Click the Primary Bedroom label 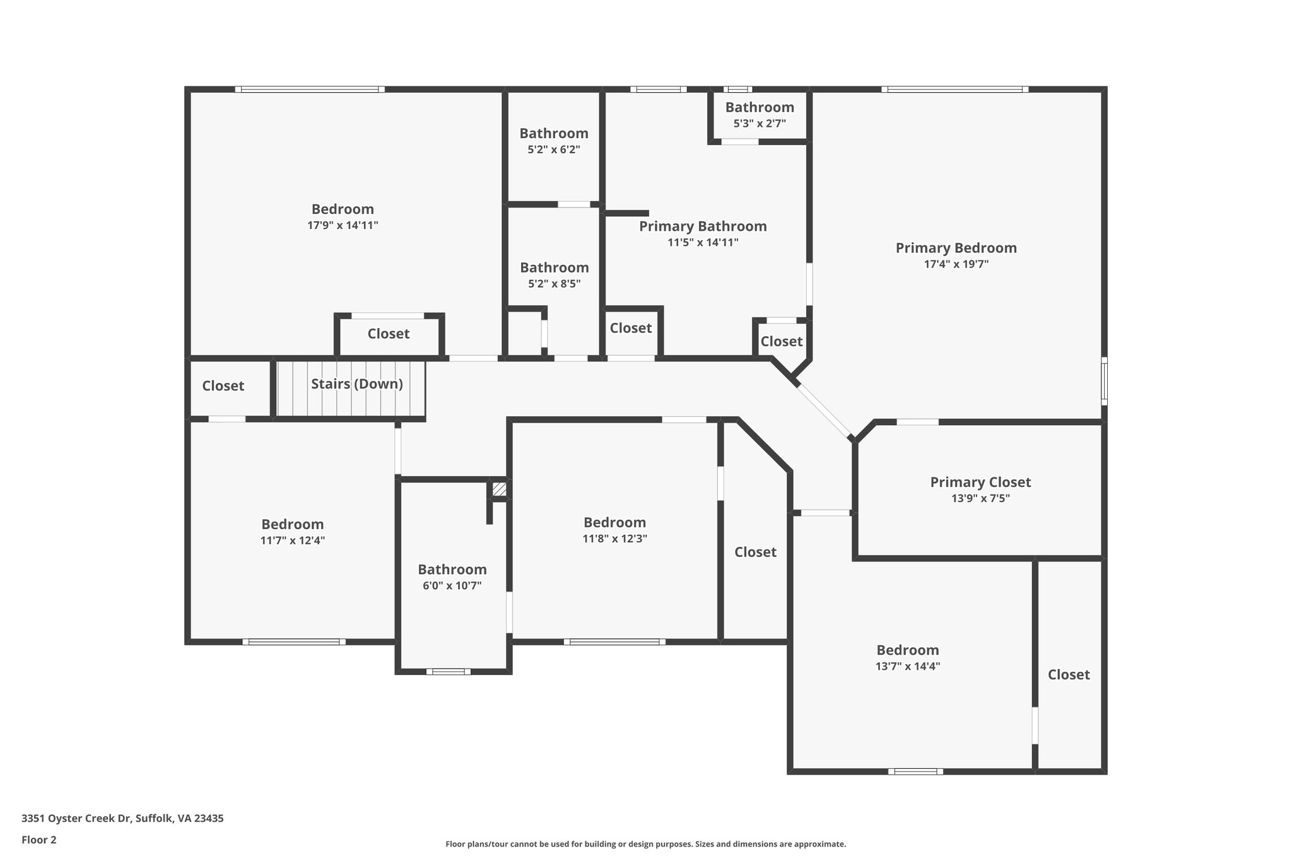[956, 248]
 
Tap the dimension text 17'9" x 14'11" [343, 225]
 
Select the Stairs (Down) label [357, 384]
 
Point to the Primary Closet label [980, 483]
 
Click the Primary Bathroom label [703, 226]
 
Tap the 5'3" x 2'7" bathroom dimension [760, 124]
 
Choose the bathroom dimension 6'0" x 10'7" [452, 585]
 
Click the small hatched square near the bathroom [499, 489]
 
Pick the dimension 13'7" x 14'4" [908, 666]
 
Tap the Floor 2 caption [39, 840]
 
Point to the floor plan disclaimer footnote [646, 844]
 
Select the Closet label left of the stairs [223, 386]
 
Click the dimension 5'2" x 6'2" [554, 150]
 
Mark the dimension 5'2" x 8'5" [555, 284]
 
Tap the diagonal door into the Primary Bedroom [825, 411]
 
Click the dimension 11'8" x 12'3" [615, 539]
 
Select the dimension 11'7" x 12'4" [293, 541]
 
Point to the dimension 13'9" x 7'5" [980, 498]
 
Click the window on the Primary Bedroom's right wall [1104, 381]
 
